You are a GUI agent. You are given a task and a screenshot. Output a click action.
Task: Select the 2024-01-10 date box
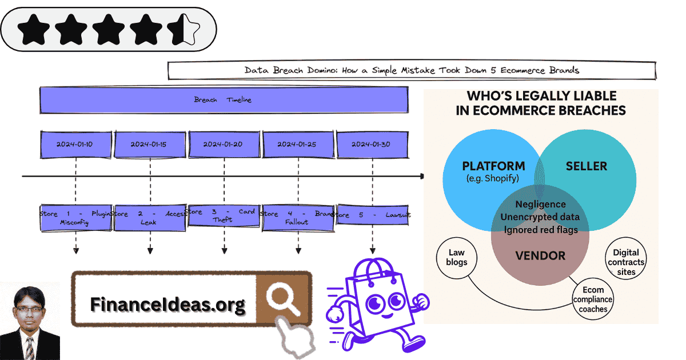(75, 145)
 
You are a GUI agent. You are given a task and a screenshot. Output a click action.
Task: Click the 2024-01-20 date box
(224, 145)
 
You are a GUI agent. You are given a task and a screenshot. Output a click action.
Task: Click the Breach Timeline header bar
(224, 100)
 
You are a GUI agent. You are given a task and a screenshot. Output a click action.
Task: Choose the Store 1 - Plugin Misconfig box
(75, 217)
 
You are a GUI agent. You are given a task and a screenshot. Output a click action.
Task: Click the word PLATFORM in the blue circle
(493, 166)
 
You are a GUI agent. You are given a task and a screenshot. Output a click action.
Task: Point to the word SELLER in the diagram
(586, 166)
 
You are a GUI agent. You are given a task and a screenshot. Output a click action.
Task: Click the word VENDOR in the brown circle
(540, 256)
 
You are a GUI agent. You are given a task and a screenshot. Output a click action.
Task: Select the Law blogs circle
(457, 258)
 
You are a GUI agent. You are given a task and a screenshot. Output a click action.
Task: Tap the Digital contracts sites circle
(626, 262)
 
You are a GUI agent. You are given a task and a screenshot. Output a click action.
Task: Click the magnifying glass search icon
(283, 299)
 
